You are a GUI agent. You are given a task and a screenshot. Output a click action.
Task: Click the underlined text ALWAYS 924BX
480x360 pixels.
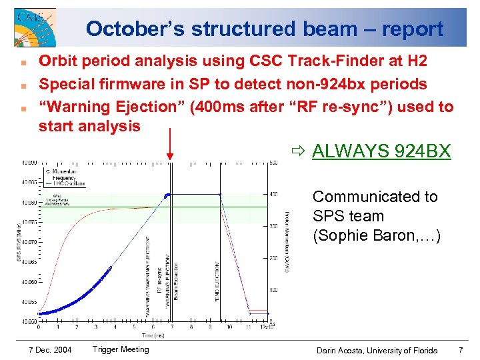[381, 151]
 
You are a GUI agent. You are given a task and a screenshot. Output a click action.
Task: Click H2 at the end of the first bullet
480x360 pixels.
[417, 61]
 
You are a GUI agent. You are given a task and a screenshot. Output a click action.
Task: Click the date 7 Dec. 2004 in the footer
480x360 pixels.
[51, 350]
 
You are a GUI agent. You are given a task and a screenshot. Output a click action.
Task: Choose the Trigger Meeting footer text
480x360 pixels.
[121, 349]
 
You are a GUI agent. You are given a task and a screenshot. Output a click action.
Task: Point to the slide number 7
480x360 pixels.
[461, 350]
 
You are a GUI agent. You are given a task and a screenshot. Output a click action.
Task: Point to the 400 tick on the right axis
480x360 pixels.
[273, 194]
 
